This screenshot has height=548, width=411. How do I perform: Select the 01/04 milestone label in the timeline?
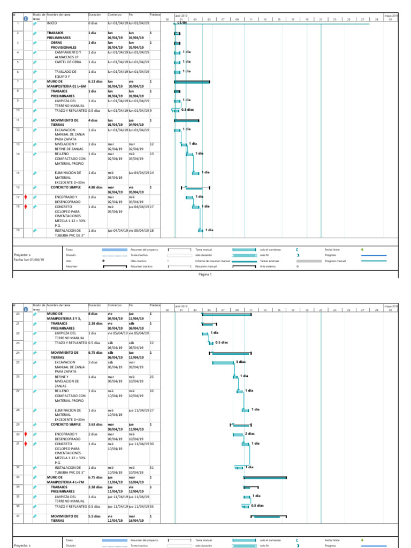point(182,23)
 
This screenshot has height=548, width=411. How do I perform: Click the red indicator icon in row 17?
point(25,197)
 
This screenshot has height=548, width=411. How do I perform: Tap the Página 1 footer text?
point(205,275)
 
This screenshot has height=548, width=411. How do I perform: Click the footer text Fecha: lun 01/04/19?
point(29,260)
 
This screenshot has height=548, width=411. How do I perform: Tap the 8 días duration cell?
point(93,313)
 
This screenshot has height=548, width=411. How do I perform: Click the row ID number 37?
point(18,516)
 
